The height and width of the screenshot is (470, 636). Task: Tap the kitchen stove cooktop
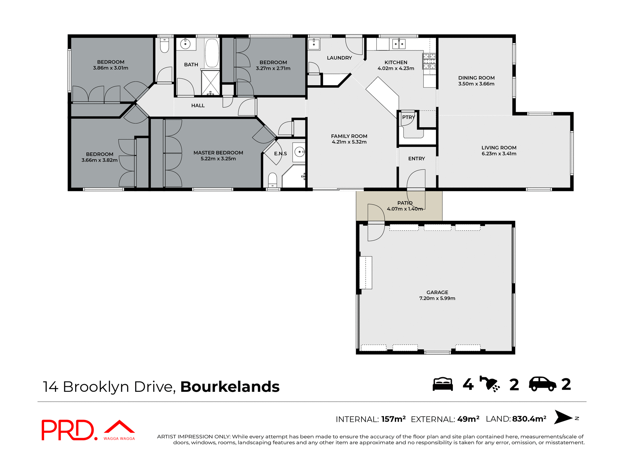pyautogui.click(x=429, y=61)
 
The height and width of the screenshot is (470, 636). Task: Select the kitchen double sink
pyautogui.click(x=399, y=44)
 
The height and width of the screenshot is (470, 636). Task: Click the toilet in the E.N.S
pyautogui.click(x=272, y=180)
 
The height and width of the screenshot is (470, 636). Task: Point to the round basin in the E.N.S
pyautogui.click(x=299, y=152)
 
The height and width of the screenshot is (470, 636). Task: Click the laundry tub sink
pyautogui.click(x=313, y=44)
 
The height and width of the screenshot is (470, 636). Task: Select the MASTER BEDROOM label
pyautogui.click(x=218, y=153)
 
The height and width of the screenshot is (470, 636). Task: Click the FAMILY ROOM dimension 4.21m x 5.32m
pyautogui.click(x=349, y=142)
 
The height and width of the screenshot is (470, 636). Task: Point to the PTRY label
pyautogui.click(x=408, y=117)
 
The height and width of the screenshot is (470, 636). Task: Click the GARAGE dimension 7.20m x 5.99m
pyautogui.click(x=437, y=298)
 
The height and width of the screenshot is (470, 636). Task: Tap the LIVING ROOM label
pyautogui.click(x=499, y=148)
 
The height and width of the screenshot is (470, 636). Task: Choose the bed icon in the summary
pyautogui.click(x=443, y=384)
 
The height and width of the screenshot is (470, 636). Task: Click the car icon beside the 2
pyautogui.click(x=542, y=384)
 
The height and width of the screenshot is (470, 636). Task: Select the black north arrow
pyautogui.click(x=563, y=417)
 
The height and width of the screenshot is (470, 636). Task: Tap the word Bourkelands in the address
pyautogui.click(x=230, y=387)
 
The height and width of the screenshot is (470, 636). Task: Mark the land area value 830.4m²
pyautogui.click(x=529, y=419)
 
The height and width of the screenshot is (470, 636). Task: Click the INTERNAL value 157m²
pyautogui.click(x=393, y=419)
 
